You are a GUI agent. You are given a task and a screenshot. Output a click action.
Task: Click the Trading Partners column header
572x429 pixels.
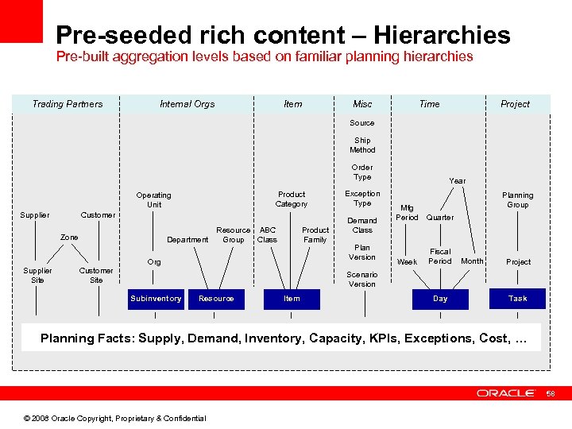click(68, 104)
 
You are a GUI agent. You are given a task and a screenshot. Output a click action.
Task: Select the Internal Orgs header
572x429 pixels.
click(187, 104)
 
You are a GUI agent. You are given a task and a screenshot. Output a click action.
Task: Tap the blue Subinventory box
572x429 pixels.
click(156, 299)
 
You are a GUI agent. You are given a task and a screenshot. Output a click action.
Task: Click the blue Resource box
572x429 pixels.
click(216, 299)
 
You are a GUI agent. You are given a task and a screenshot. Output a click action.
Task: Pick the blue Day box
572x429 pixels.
click(440, 299)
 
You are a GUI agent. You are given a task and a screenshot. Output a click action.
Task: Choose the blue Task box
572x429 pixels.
click(517, 299)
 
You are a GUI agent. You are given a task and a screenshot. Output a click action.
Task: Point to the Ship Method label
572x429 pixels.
click(362, 145)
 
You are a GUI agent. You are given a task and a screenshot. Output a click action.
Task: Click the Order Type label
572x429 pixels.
click(362, 172)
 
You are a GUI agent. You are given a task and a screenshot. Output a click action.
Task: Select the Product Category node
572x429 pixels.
click(292, 199)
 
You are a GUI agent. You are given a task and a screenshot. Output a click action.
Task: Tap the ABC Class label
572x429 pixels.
click(268, 235)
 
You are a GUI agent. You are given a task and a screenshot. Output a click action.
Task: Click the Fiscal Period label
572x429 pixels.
click(440, 257)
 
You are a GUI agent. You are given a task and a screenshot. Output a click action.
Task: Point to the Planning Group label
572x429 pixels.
click(517, 200)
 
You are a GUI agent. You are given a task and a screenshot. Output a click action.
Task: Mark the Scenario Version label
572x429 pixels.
click(362, 279)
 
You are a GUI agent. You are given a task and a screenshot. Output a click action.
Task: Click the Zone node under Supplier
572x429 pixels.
click(69, 238)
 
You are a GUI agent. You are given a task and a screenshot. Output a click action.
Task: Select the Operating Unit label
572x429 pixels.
click(153, 200)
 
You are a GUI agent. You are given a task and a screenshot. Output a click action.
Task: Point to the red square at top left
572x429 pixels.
click(21, 21)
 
